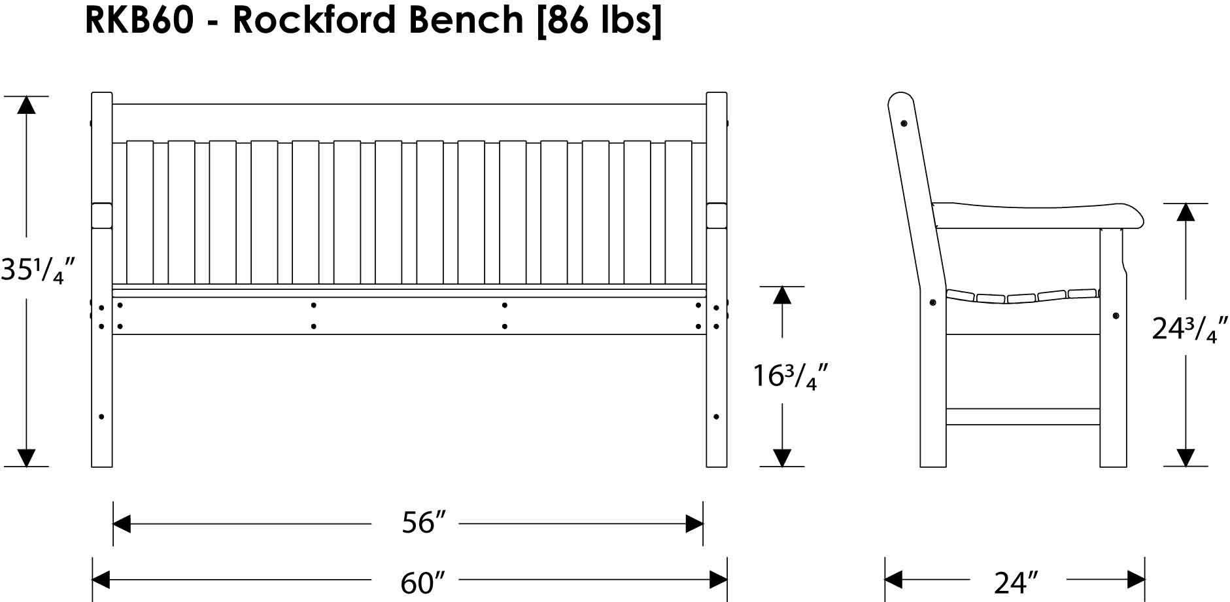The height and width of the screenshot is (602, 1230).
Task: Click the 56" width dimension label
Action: [x=417, y=523]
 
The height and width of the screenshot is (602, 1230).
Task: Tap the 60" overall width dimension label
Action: [x=417, y=582]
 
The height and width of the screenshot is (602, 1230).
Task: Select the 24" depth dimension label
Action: [x=1016, y=582]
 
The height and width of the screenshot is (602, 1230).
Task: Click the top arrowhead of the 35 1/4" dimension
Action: [x=26, y=105]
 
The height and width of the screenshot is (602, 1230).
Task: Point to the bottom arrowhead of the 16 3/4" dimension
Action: [x=782, y=458]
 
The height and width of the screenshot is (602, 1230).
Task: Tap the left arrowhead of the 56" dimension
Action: [x=122, y=523]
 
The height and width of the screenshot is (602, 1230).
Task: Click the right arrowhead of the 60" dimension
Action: [x=718, y=580]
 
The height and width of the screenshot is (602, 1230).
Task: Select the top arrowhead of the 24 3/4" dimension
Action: [x=1186, y=211]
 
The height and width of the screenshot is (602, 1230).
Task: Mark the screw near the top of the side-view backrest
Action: [x=904, y=123]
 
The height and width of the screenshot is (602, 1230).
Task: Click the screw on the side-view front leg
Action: [x=1115, y=316]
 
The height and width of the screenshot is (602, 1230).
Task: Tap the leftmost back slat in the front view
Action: [x=139, y=213]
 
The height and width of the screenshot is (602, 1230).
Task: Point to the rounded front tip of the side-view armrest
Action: [x=1138, y=216]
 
